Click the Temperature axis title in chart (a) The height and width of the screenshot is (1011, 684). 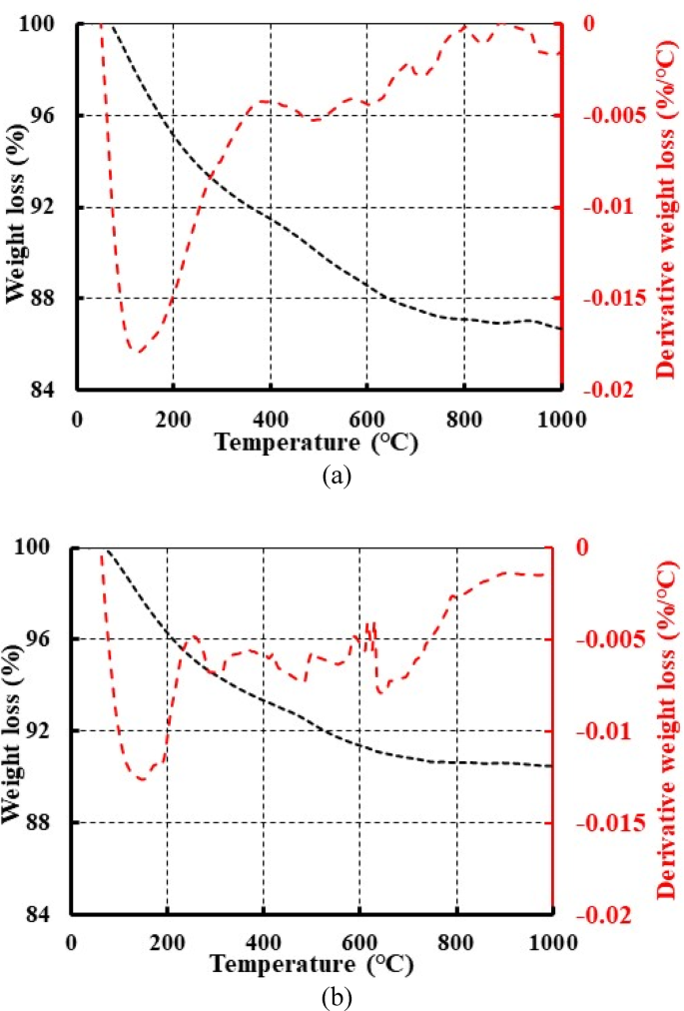[319, 443]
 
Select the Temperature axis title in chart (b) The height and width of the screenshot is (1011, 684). [313, 965]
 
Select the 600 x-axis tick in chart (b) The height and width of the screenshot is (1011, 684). [360, 942]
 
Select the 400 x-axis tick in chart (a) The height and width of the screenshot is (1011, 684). [271, 419]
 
